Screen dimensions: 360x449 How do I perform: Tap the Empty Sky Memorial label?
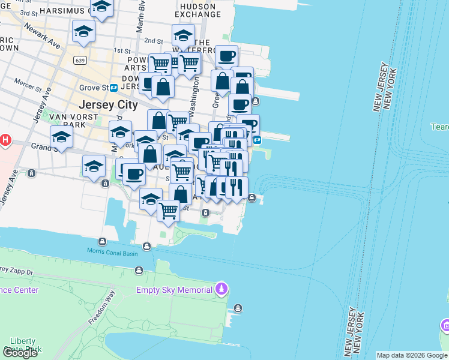click(x=174, y=290)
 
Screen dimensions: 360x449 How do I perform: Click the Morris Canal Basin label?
click(x=112, y=253)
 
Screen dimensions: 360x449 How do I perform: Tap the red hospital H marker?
click(x=5, y=140)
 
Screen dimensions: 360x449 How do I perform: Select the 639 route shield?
click(x=80, y=61)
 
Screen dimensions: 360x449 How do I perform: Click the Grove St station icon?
click(x=113, y=88)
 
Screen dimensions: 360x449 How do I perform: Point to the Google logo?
click(x=20, y=353)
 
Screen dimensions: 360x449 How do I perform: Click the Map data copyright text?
click(x=412, y=355)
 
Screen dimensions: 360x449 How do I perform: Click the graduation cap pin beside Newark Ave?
click(x=83, y=31)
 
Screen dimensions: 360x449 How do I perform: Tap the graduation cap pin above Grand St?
click(x=61, y=137)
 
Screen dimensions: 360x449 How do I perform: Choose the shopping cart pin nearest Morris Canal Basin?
click(x=169, y=211)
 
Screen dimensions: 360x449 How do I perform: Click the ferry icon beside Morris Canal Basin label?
click(x=103, y=242)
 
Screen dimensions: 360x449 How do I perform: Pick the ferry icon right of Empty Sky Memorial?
click(x=238, y=308)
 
